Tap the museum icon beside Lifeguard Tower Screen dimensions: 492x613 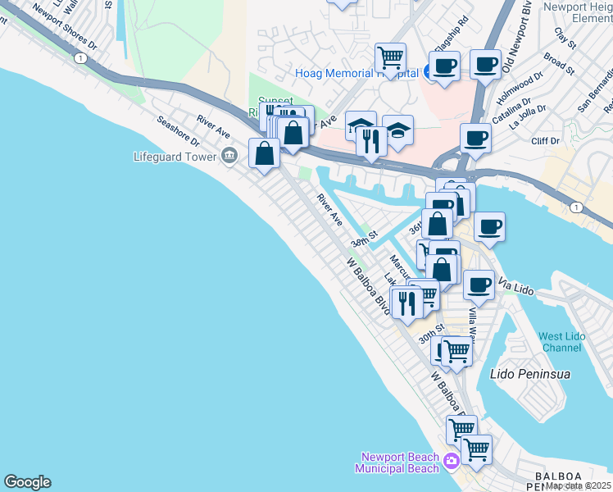[229, 155]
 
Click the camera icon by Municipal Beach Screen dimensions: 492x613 [451, 462]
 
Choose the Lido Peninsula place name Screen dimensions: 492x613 [529, 374]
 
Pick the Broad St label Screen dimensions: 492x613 [558, 62]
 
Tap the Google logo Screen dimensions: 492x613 [27, 482]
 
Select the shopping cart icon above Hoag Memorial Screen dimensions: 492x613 [391, 57]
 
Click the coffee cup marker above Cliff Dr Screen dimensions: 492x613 [475, 137]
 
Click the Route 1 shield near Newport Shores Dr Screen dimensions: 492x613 [79, 58]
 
